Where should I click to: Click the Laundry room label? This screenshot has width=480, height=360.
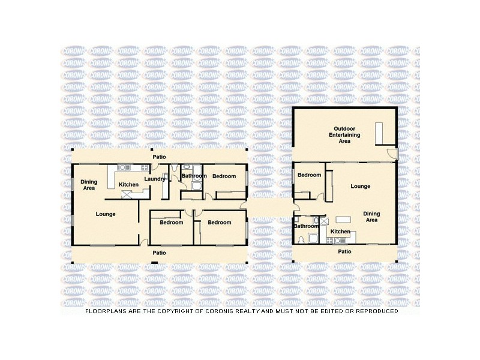click(x=155, y=179)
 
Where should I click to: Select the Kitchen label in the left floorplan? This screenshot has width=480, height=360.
click(x=128, y=184)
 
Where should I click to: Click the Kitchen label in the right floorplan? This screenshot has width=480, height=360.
click(x=340, y=232)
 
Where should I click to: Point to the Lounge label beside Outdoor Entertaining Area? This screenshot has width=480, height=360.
click(x=361, y=186)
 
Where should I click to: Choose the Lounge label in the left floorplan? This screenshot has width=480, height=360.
click(x=105, y=214)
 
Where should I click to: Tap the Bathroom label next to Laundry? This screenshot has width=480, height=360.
click(x=194, y=176)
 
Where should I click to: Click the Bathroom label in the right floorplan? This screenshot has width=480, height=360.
click(x=306, y=226)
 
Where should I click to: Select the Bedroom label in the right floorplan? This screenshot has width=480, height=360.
click(x=309, y=175)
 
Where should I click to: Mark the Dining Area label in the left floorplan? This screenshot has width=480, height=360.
click(x=89, y=185)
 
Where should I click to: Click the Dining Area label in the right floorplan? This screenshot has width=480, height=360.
click(x=371, y=217)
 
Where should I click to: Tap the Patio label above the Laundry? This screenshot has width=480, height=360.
click(x=159, y=157)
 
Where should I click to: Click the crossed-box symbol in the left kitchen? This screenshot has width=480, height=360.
click(x=127, y=193)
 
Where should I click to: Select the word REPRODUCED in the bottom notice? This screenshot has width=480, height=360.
click(x=373, y=311)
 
